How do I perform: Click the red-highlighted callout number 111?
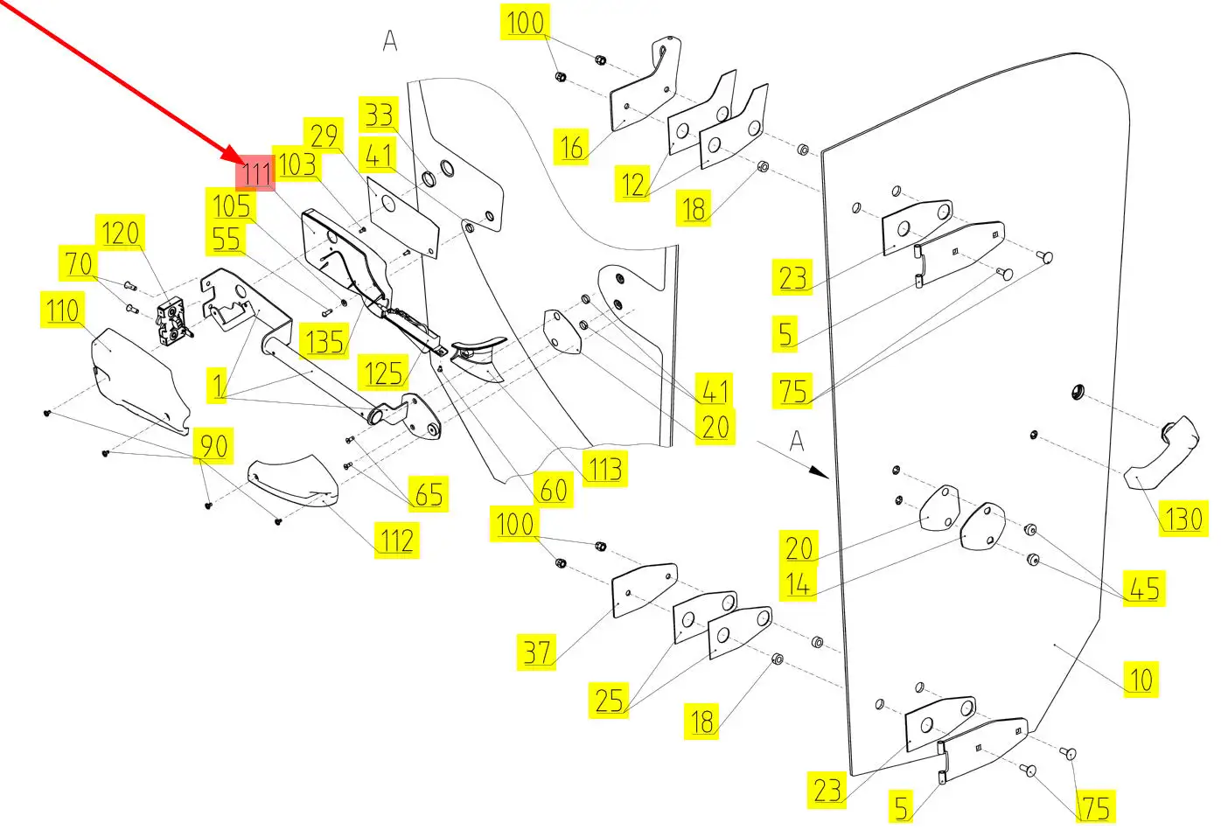coord(255,173)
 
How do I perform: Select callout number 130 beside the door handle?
coord(1183,519)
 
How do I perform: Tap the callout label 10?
coord(1141,680)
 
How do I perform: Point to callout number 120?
coord(120,234)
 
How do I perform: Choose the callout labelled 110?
coord(63,310)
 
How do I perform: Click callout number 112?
coord(396,541)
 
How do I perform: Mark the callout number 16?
coord(572,147)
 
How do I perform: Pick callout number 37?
coord(537,652)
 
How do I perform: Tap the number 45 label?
coord(1144,589)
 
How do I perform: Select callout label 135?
coord(325,341)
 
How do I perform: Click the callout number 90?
coord(214,447)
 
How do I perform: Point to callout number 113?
coord(605,469)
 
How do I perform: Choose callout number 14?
coord(798,583)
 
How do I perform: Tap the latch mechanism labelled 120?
coord(173,322)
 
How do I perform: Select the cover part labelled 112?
coord(292,482)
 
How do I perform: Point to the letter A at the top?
coord(390,40)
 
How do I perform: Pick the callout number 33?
coord(379,115)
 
